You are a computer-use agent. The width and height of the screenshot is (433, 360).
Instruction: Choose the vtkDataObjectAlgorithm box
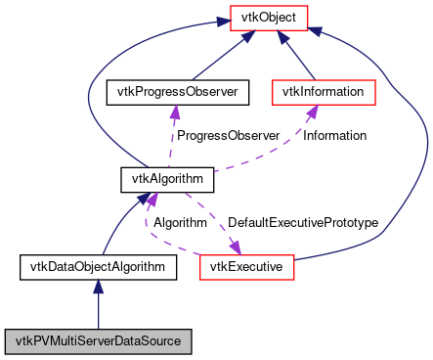[98, 266]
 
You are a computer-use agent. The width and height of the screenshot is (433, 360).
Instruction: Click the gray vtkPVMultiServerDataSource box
[98, 341]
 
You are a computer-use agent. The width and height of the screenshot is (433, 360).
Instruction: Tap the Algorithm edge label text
[181, 223]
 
